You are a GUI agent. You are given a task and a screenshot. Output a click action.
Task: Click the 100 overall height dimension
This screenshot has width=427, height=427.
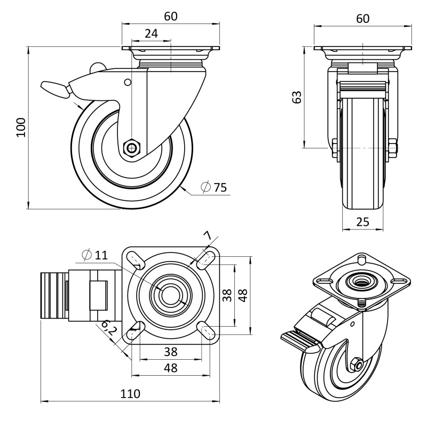[x=20, y=128]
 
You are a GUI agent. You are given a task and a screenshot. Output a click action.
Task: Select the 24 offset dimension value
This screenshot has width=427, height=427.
[x=151, y=33]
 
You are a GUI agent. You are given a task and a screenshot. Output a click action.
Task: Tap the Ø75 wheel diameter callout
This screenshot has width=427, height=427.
[x=213, y=187]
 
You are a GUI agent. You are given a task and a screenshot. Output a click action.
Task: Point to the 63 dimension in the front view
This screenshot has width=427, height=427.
[x=297, y=97]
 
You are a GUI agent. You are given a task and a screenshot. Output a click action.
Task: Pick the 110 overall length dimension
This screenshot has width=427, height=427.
[x=130, y=394]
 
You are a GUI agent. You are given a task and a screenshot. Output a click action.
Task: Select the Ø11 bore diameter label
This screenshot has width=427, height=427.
[x=94, y=255]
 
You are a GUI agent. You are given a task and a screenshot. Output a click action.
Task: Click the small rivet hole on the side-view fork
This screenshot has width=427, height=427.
[x=127, y=82]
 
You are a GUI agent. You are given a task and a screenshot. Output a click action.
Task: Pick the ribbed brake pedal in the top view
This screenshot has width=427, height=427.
[x=53, y=296]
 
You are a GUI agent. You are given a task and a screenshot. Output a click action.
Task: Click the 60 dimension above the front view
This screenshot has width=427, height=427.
[x=362, y=19]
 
